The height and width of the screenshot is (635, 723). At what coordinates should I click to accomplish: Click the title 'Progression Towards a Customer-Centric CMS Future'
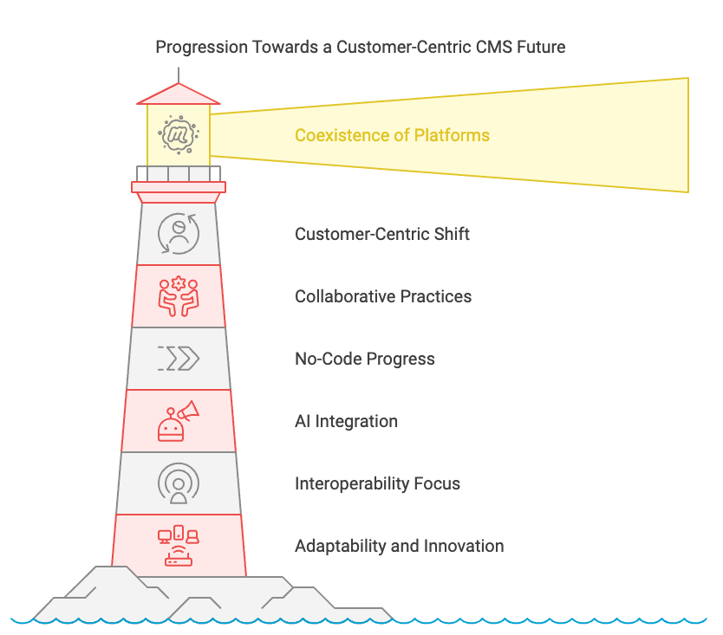point(360,47)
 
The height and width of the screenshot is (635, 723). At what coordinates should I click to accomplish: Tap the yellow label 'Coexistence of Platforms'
point(392,135)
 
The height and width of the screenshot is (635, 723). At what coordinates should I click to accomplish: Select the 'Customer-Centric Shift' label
point(381,234)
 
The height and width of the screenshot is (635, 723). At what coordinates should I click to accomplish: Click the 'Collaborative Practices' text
point(383,296)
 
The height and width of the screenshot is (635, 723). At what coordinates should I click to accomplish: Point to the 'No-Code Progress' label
point(365,359)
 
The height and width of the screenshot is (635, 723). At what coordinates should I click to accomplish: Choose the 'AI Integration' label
point(346,421)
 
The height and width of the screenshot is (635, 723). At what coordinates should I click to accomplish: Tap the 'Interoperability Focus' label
point(377,483)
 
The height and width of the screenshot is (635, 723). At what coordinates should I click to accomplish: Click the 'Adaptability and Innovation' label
point(400,546)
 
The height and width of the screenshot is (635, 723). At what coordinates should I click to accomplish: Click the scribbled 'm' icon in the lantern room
point(179,134)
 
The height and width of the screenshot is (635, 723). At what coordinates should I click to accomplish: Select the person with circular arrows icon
point(179,234)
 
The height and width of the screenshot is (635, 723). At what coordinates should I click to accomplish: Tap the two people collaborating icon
point(179,296)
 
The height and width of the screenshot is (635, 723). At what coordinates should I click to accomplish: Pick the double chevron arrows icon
point(179,359)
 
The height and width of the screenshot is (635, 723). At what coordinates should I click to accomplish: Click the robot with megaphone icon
point(179,421)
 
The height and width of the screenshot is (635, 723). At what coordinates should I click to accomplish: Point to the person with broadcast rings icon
point(179,483)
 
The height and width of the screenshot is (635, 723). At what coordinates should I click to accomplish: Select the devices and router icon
point(179,546)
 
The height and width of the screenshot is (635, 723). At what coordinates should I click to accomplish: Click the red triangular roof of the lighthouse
point(179,95)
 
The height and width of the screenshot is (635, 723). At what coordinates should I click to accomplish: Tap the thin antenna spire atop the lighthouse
point(179,75)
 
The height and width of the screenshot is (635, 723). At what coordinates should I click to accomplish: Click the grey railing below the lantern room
point(179,174)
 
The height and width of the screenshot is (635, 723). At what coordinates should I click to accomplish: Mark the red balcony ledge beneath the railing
point(179,187)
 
